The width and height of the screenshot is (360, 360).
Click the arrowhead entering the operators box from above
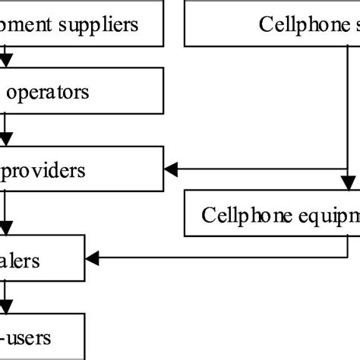click(x=6, y=64)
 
